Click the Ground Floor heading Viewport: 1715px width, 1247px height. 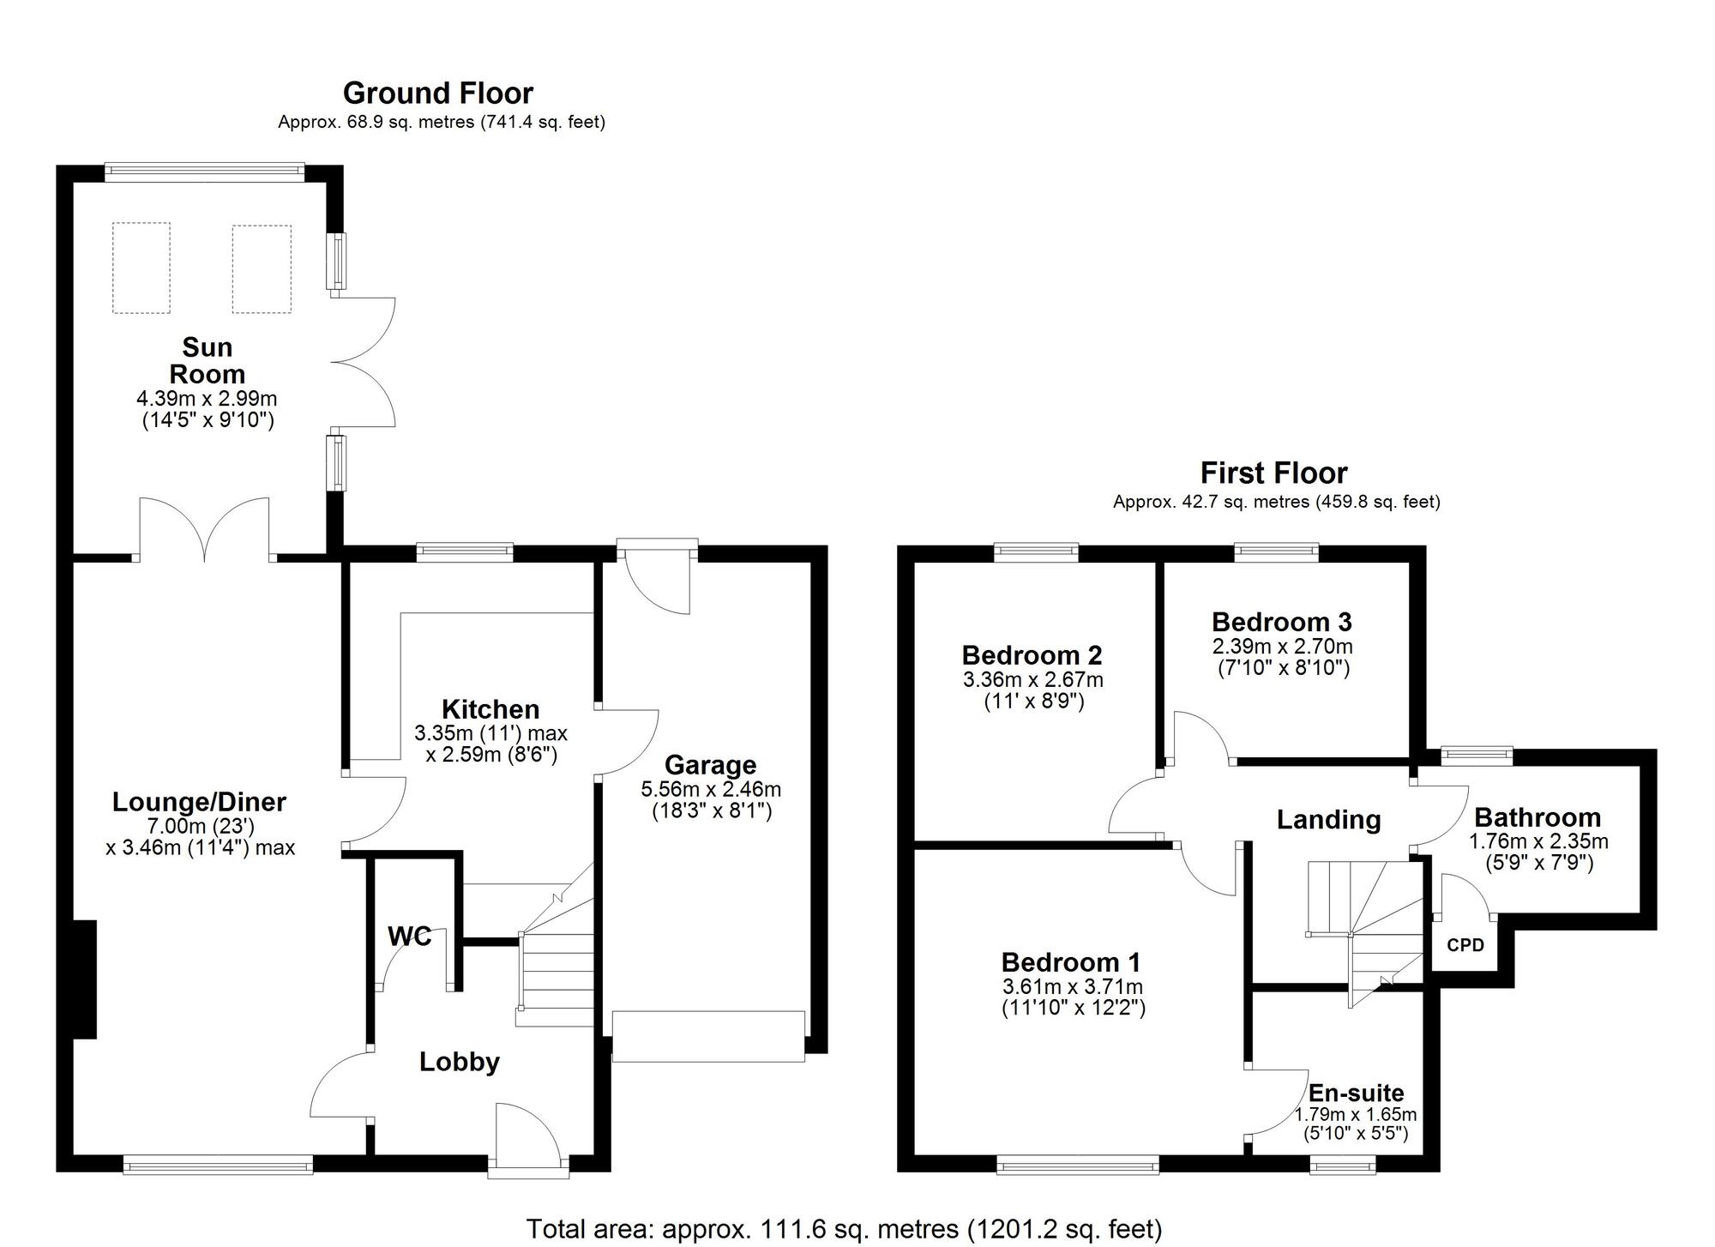pos(438,93)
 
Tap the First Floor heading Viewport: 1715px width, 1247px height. pos(1274,473)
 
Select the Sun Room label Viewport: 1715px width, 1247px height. pos(208,360)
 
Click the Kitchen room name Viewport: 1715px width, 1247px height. pos(490,709)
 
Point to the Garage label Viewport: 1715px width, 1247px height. pos(711,765)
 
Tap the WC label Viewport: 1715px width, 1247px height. pos(410,937)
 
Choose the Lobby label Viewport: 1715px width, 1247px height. pos(460,1062)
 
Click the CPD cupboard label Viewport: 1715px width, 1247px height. pos(1465,946)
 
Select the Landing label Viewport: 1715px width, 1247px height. pos(1329,820)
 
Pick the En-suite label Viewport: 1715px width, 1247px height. pos(1357,1093)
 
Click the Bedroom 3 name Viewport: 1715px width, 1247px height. pos(1282,622)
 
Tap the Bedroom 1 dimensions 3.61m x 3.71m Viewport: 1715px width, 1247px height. pos(1073,987)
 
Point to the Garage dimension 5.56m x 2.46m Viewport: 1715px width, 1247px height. pos(711,789)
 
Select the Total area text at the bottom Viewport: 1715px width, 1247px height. pos(845,1229)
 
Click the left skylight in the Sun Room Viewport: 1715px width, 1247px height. pos(141,268)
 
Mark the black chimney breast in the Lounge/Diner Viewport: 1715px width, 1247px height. pos(85,979)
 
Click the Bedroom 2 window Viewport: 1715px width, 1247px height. pos(1036,551)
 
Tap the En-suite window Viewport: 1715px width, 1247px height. pos(1343,1164)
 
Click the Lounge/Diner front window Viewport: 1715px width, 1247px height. pos(218,1164)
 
